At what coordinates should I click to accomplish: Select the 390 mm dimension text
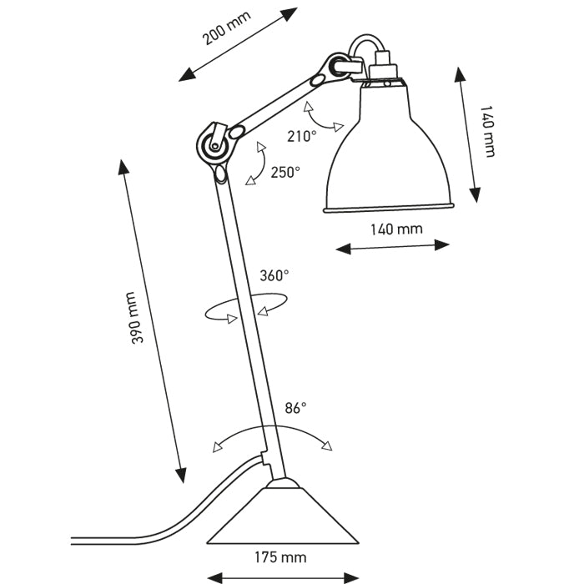pyautogui.click(x=139, y=318)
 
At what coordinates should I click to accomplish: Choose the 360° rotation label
pyautogui.click(x=274, y=275)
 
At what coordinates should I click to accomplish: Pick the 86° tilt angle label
pyautogui.click(x=295, y=408)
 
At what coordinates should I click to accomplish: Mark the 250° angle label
pyautogui.click(x=285, y=172)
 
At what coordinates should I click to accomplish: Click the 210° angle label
pyautogui.click(x=302, y=136)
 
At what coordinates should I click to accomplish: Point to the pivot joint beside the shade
pyautogui.click(x=340, y=68)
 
